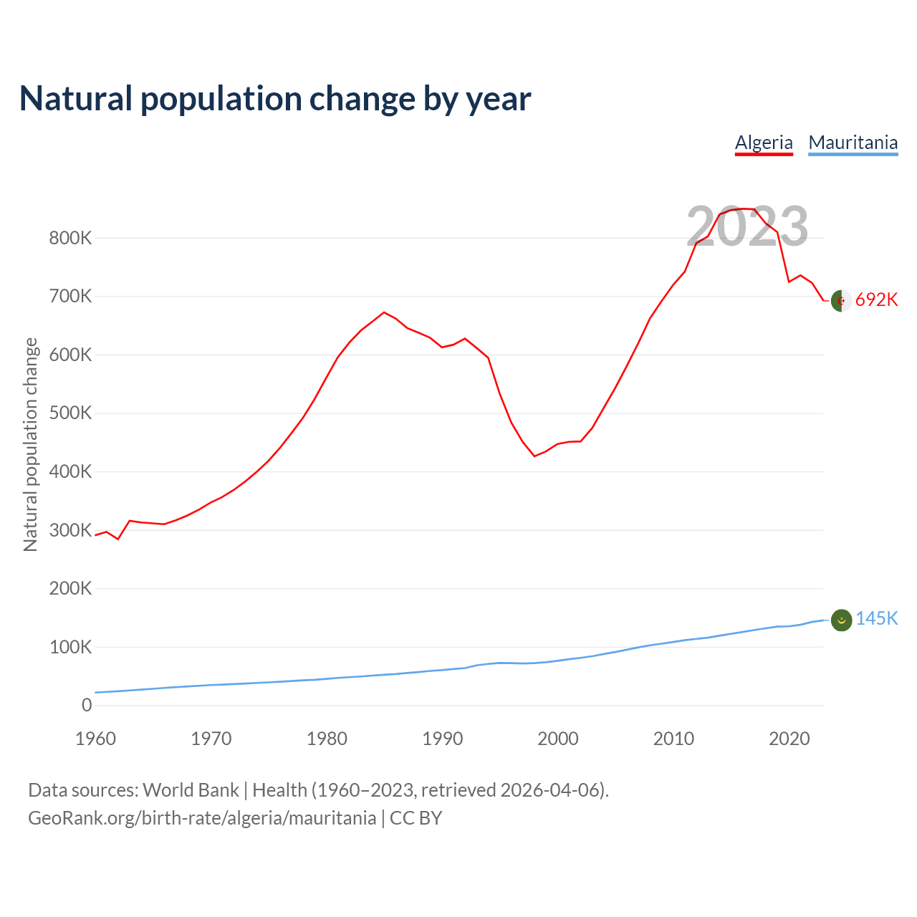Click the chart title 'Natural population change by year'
[x=275, y=99]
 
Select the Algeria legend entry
[x=764, y=143]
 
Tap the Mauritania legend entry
[x=853, y=143]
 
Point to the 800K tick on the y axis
[x=70, y=238]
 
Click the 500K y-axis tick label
[x=70, y=413]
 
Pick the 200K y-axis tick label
[x=70, y=589]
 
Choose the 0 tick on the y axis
[x=87, y=706]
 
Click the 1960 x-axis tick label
[x=95, y=739]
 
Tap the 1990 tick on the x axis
[x=442, y=739]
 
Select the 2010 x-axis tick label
[x=673, y=739]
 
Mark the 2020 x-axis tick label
[x=789, y=739]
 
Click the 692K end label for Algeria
[x=876, y=300]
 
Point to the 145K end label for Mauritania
[x=876, y=619]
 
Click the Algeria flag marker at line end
[x=841, y=301]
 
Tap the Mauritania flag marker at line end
[x=841, y=620]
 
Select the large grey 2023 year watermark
[x=747, y=226]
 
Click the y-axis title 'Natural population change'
[x=31, y=444]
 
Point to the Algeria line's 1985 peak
[x=384, y=312]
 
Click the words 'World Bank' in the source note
[x=191, y=790]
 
